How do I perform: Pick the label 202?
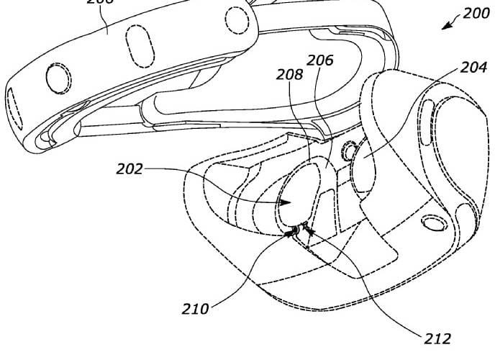[x=130, y=170]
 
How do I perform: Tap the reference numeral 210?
[x=195, y=309]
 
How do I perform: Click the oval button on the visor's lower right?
[x=434, y=223]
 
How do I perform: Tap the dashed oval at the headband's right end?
[x=237, y=19]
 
